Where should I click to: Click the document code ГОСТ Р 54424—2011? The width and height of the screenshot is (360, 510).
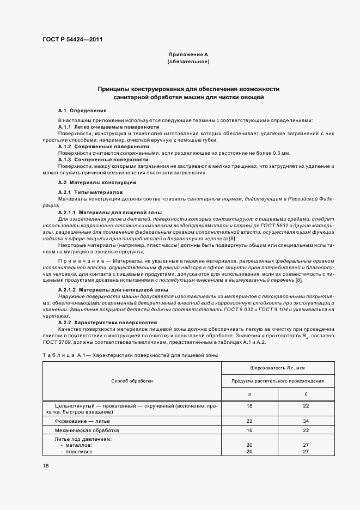point(72,40)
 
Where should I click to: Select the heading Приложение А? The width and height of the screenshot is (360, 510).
point(188,55)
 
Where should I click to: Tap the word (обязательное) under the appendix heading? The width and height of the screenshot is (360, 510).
point(188,62)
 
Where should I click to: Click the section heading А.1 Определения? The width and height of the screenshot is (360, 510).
point(82,111)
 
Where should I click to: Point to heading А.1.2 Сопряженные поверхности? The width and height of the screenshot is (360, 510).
point(103,147)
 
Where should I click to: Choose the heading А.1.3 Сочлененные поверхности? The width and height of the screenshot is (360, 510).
point(103,160)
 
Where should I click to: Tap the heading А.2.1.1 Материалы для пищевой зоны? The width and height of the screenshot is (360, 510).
point(109,212)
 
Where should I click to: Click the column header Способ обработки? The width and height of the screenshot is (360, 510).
point(132,381)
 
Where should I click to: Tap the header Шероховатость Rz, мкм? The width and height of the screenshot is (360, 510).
point(277,368)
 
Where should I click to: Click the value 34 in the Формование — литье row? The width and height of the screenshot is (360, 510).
point(306,421)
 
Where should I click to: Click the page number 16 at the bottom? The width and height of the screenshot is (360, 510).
point(45,466)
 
